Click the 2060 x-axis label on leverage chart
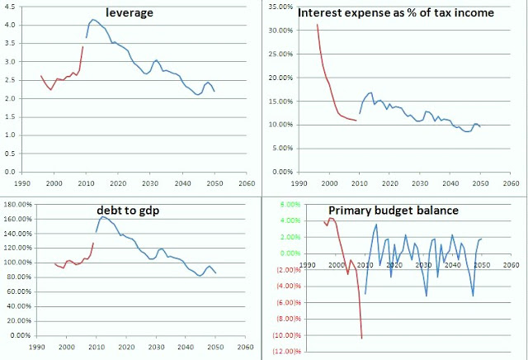tap(245, 182)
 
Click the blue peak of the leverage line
tap(93, 19)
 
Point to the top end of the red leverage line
tap(83, 47)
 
